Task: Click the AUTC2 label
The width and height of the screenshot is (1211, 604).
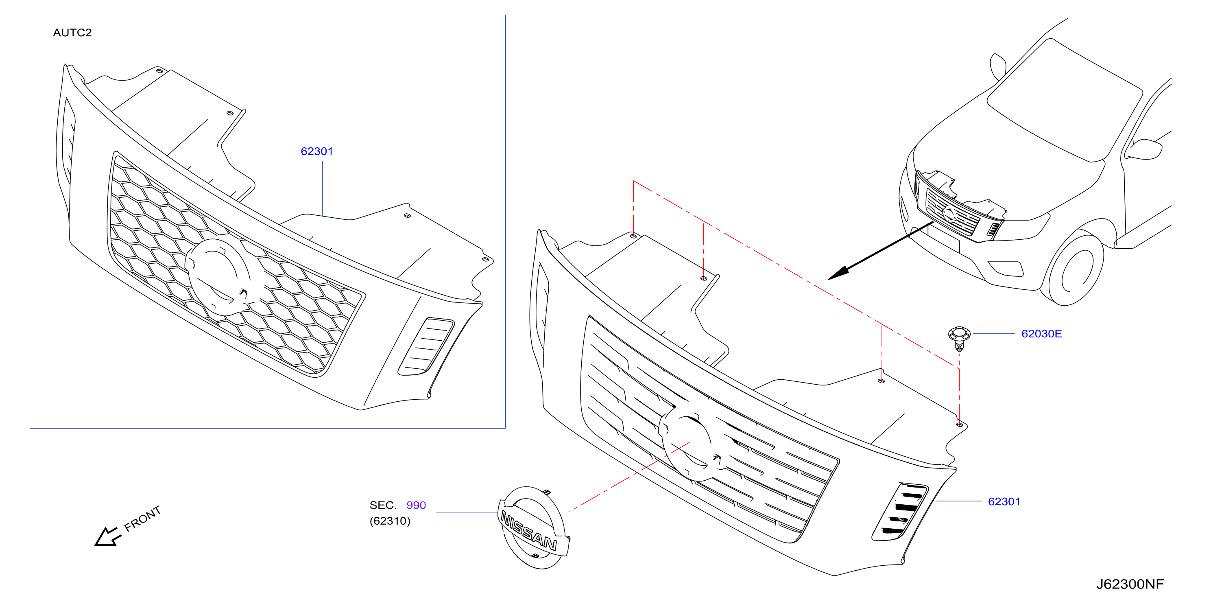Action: (72, 33)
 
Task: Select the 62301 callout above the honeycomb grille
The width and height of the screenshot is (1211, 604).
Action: (317, 151)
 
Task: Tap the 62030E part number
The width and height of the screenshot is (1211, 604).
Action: (1041, 333)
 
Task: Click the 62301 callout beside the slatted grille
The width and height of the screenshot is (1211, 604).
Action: (1004, 501)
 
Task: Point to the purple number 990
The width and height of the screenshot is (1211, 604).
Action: (416, 505)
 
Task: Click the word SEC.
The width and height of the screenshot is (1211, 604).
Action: (383, 505)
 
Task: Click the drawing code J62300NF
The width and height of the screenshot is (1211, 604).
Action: (1130, 584)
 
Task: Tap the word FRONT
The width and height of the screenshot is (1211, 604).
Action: (142, 519)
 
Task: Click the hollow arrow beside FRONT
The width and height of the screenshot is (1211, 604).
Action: (107, 537)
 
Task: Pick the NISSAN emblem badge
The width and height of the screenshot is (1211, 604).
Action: (533, 528)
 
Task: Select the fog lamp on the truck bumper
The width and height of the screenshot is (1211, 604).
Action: (1006, 268)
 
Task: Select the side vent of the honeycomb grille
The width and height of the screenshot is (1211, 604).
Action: (426, 347)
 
